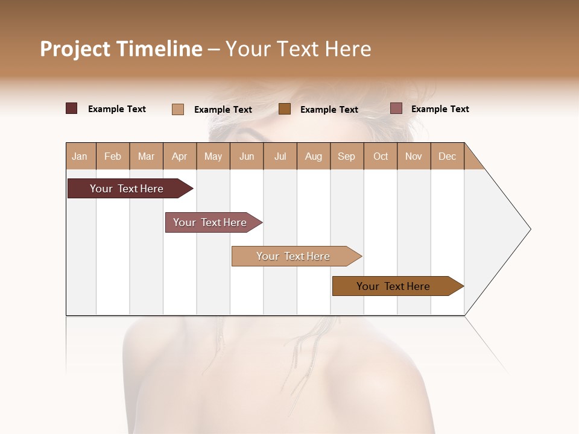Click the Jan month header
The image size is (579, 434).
coord(80,156)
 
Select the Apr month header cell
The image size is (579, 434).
coord(180,156)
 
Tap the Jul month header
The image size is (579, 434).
coord(280,156)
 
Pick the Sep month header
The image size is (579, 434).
coord(346,156)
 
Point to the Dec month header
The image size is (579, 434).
coord(447,156)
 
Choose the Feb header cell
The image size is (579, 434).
coord(113,156)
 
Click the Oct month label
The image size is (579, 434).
coord(381,156)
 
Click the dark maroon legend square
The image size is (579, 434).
coord(71,108)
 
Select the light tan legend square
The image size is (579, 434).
coord(178,109)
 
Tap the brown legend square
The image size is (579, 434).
coord(285,109)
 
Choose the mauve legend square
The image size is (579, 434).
coord(396,108)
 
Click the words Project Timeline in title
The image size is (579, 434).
coord(121,49)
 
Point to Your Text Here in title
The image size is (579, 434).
coord(298,49)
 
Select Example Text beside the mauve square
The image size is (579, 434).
coord(440,109)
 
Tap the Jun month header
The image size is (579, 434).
coord(246,156)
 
